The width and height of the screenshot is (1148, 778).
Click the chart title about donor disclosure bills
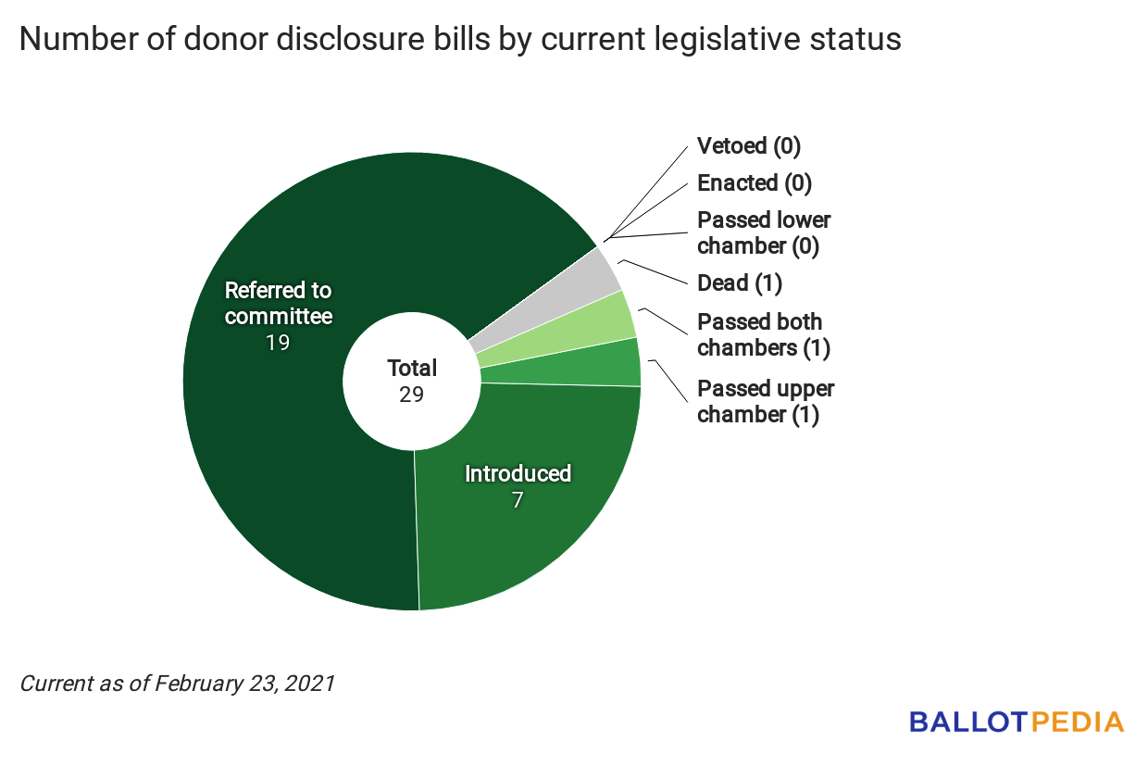pos(460,40)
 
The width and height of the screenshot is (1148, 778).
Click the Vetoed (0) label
pos(748,145)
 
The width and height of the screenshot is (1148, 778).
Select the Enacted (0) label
pos(754,182)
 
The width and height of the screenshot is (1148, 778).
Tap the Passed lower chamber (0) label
pos(763,232)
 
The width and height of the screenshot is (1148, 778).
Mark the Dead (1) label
pos(740,282)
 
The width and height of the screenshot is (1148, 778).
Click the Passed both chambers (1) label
pos(763,334)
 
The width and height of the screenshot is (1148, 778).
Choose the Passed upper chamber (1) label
pos(765,401)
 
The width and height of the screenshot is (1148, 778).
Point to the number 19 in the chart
pos(278,343)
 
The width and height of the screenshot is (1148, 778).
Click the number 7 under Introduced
pos(518,500)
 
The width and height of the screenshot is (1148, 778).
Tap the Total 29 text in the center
pos(412,381)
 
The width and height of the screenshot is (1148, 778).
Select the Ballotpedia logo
pos(1017,722)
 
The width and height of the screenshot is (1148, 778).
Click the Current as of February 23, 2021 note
pos(177,684)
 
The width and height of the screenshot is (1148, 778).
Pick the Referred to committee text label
pos(278,303)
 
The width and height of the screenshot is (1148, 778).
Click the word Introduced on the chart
pos(518,473)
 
